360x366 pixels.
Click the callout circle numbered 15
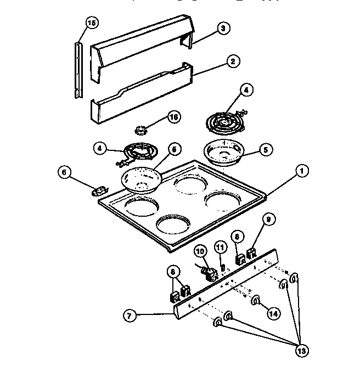[x=92, y=22]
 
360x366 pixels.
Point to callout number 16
[x=173, y=116]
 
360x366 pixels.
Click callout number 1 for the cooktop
[x=301, y=171]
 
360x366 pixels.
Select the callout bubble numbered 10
[x=200, y=251]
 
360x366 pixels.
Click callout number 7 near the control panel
[x=130, y=316]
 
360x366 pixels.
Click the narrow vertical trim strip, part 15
[x=79, y=69]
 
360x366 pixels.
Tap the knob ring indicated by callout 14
[x=255, y=300]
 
